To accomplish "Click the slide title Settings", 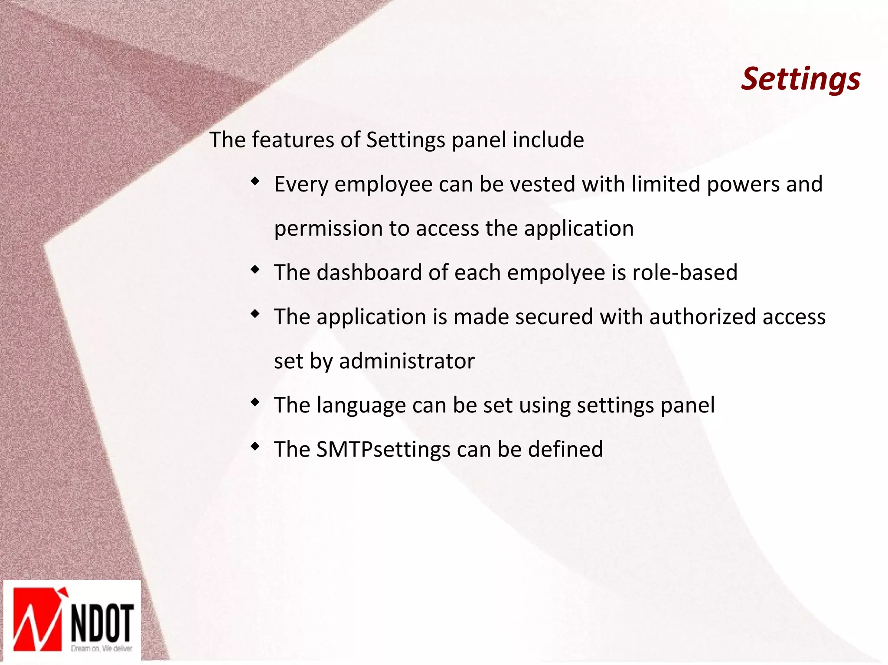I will point(800,80).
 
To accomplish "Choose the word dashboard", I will point(369,272).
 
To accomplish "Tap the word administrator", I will point(407,361).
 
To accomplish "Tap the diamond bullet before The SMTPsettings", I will point(255,446).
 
